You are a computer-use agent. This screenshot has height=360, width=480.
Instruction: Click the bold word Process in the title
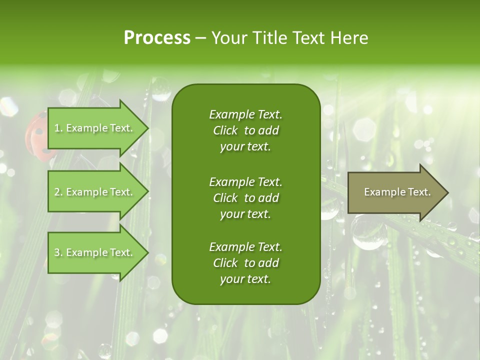click(157, 38)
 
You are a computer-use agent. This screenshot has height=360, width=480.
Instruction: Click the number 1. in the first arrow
click(58, 128)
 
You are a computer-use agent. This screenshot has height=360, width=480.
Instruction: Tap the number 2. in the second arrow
click(58, 192)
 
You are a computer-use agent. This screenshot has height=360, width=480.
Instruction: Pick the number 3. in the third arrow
click(58, 252)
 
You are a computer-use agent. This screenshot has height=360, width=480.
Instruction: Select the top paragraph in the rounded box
click(245, 130)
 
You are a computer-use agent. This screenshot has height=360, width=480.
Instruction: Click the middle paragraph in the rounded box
click(245, 197)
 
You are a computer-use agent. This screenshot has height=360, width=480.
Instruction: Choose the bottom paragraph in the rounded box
click(245, 263)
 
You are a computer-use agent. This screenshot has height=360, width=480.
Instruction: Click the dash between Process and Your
click(201, 38)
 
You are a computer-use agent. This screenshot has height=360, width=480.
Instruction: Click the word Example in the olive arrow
click(381, 192)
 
